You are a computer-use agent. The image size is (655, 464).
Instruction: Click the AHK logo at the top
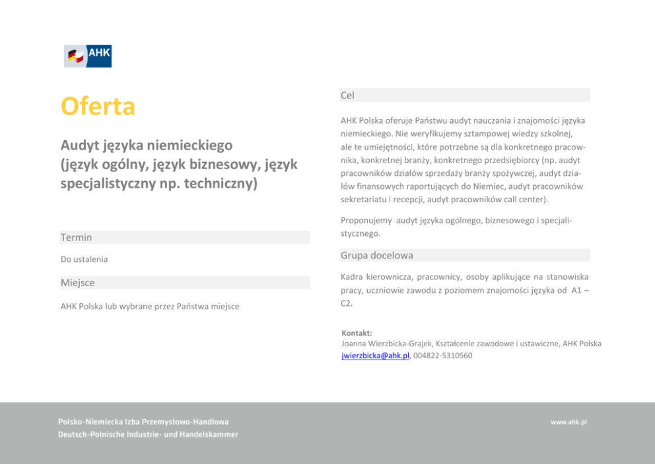pos(88,56)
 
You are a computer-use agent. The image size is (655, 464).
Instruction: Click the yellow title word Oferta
pos(98,106)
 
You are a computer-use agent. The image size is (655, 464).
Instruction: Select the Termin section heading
pos(76,237)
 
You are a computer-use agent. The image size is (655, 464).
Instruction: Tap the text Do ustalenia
pos(84,259)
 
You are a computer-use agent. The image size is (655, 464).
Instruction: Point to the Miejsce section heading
pos(77,283)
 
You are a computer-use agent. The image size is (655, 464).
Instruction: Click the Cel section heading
pos(347,95)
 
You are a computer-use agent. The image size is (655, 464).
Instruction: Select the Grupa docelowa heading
pos(376,255)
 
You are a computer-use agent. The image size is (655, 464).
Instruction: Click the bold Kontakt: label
pos(357,333)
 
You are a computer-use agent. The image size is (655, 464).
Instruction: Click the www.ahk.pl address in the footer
pos(569,422)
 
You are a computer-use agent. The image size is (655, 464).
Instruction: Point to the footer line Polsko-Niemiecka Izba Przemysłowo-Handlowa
pos(143,422)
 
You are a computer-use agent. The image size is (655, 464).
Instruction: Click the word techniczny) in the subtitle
pos(219,183)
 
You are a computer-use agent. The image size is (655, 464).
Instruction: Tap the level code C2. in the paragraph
pos(347,303)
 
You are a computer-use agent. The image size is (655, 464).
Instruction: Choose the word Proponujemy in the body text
pos(366,221)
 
